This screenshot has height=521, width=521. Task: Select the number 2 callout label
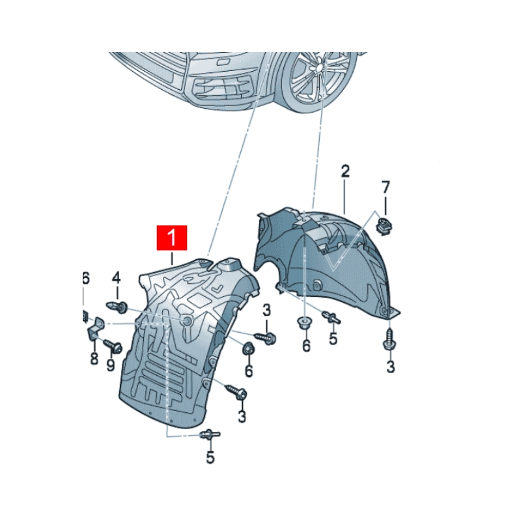tap(345, 172)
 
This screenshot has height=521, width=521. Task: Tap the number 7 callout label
tap(386, 188)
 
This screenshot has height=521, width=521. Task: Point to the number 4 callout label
tap(117, 278)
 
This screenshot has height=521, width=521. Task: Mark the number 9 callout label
tap(110, 366)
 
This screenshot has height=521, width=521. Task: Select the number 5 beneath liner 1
tap(210, 458)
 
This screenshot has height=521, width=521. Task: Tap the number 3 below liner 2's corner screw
tap(390, 367)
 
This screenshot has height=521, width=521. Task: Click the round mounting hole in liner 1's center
tap(188, 323)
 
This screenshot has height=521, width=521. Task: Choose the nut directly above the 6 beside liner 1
tap(248, 350)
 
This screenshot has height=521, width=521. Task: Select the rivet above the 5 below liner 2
tap(332, 318)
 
